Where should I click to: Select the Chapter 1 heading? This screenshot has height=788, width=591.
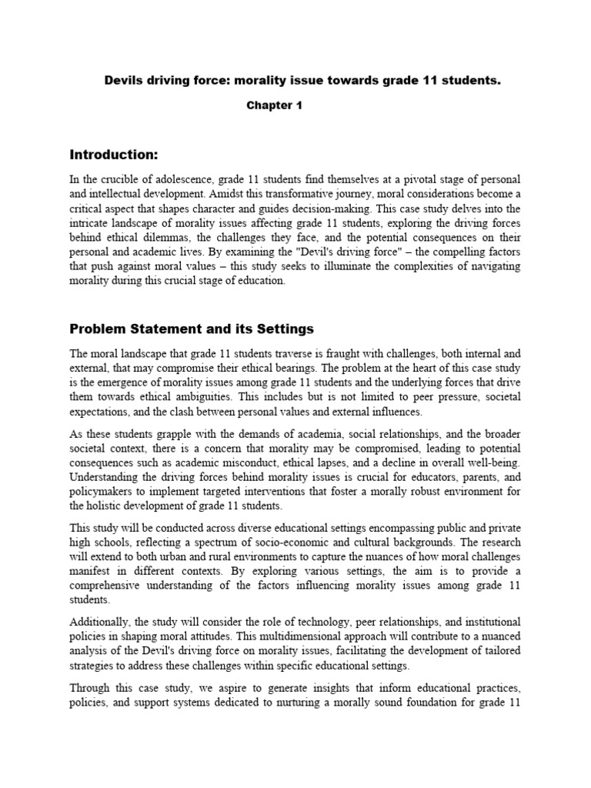pos(274,106)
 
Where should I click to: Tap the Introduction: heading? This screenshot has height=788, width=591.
pos(113,154)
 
